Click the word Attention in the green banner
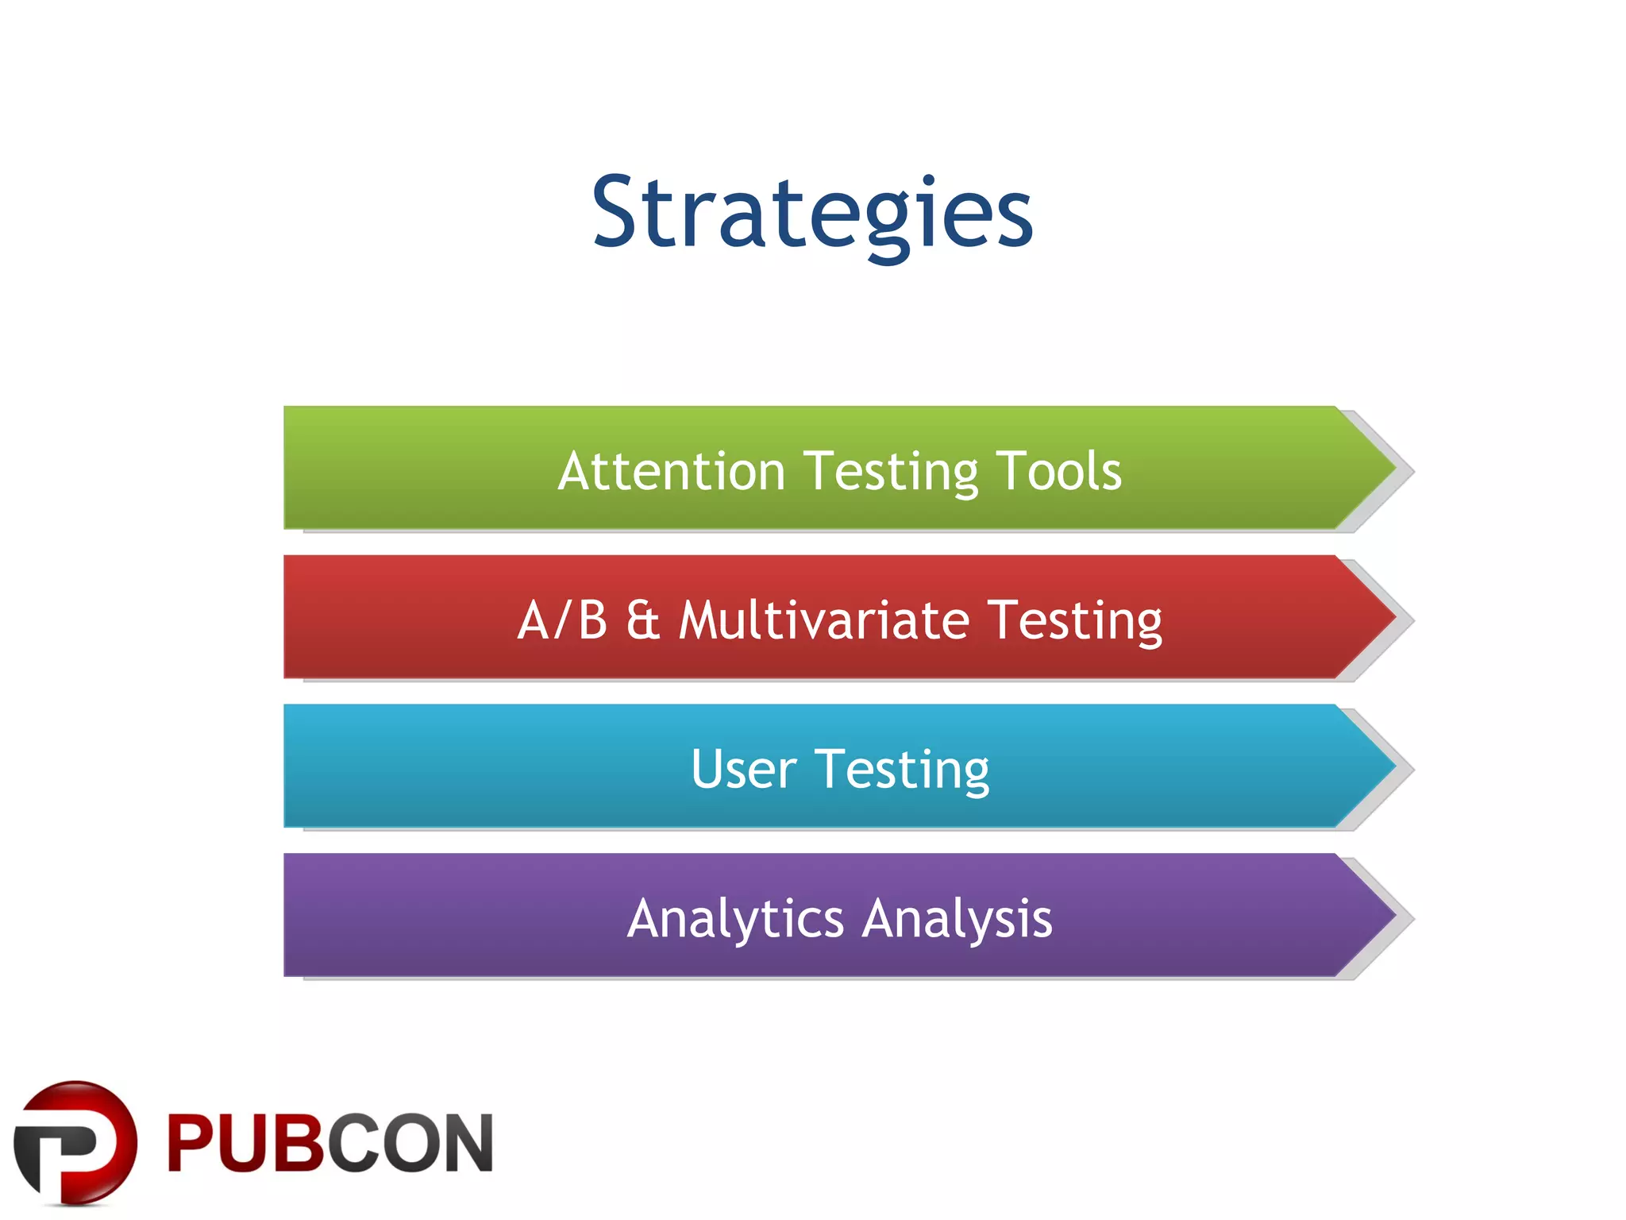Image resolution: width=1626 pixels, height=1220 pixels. tap(672, 471)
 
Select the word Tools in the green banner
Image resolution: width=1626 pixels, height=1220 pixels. tap(1058, 471)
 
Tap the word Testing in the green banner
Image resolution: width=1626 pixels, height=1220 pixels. tap(891, 473)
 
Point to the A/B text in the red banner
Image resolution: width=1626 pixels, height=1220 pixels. tap(562, 620)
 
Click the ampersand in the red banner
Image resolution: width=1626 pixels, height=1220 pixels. tap(643, 620)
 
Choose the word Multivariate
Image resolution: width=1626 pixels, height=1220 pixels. tap(824, 620)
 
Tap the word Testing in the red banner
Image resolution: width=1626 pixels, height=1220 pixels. tap(1075, 621)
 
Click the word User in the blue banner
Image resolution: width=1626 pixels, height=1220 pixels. tap(743, 769)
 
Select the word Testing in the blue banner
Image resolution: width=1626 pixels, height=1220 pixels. tap(903, 770)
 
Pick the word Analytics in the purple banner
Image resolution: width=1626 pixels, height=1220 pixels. tap(735, 919)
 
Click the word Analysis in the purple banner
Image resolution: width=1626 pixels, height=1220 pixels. tap(957, 919)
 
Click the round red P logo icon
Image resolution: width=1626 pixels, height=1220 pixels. tap(75, 1142)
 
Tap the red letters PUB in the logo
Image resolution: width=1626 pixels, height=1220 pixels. tap(246, 1144)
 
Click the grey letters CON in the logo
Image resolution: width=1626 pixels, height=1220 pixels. tap(410, 1144)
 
